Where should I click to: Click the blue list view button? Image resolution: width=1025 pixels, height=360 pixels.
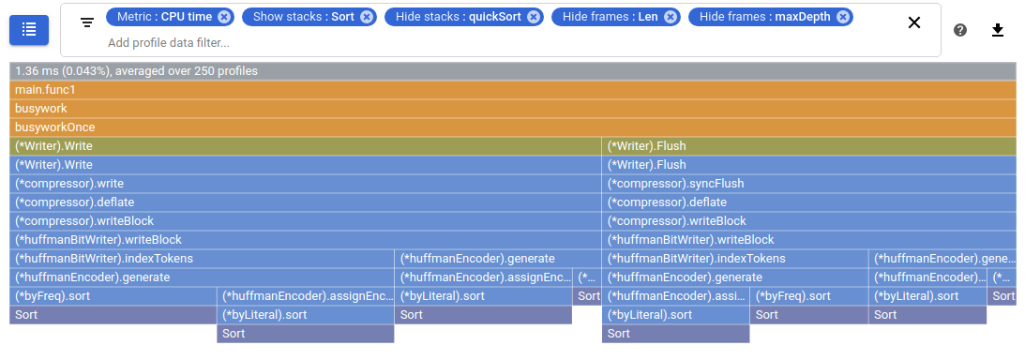tap(29, 29)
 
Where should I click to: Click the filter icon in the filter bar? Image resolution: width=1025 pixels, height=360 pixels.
tap(86, 22)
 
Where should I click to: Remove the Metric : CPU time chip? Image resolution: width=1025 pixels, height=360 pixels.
tap(223, 17)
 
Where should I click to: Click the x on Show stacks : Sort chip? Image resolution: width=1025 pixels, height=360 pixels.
tap(367, 17)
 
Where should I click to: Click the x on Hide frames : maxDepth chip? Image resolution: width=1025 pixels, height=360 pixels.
tap(843, 17)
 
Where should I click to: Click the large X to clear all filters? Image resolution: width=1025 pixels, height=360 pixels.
tap(914, 22)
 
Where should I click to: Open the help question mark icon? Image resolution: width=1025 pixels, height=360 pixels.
tap(960, 30)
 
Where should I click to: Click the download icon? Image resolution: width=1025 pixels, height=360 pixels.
tap(998, 30)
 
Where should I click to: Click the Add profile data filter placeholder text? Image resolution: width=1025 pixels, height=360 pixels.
tap(169, 42)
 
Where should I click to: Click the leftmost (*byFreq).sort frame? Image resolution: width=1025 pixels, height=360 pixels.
tap(113, 296)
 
